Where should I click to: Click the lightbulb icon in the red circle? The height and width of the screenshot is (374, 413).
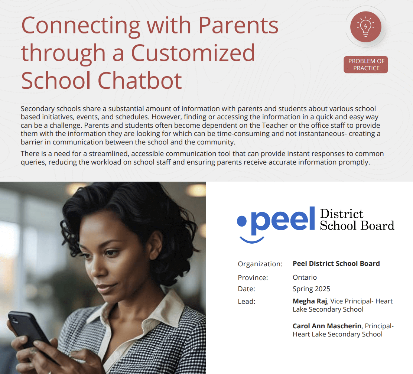[x=365, y=27]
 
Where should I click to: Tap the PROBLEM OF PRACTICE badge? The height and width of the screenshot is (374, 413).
[x=366, y=65]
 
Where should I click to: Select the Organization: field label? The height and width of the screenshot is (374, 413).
[x=260, y=264]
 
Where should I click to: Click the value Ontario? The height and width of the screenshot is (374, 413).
[x=305, y=277]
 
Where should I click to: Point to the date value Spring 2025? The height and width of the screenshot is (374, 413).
[x=311, y=289]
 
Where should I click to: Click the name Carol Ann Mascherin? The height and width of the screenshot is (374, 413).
[x=327, y=326]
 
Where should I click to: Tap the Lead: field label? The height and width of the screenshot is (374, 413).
[x=246, y=302]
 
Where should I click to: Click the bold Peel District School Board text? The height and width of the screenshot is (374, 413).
[x=336, y=264]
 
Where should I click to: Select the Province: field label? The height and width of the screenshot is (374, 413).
[x=253, y=278]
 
